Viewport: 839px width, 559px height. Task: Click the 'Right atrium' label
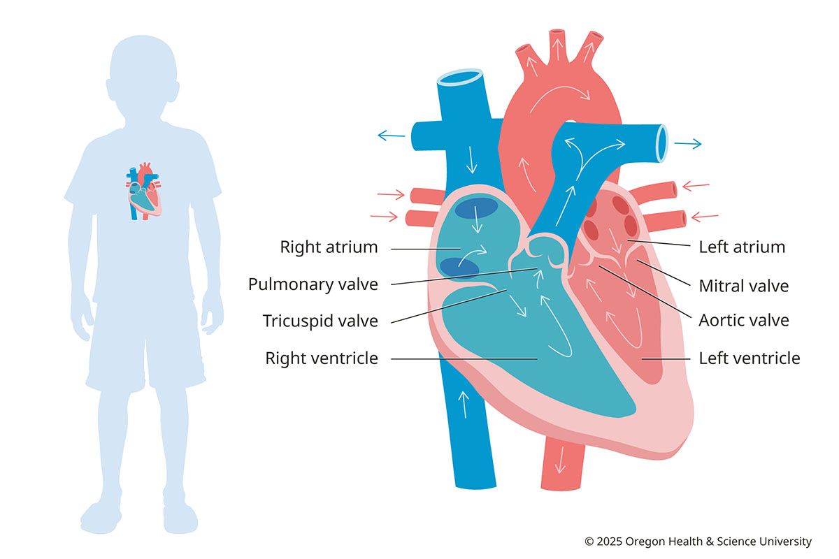click(329, 247)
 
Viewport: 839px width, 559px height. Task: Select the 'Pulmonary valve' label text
click(313, 284)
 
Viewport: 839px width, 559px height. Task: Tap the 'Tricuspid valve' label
click(320, 321)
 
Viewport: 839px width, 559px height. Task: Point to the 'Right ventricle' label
click(321, 358)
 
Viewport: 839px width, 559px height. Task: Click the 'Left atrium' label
click(742, 247)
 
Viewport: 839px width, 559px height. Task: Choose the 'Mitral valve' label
click(743, 286)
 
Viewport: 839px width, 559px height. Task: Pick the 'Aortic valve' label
click(743, 321)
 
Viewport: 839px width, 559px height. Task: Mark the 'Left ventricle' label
click(749, 358)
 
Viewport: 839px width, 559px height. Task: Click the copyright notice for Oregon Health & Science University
click(698, 542)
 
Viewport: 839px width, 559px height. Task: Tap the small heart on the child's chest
click(144, 191)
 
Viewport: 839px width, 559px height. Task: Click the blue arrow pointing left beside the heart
click(391, 134)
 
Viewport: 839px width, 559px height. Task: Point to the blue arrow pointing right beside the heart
click(687, 144)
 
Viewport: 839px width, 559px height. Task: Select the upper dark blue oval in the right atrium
click(477, 208)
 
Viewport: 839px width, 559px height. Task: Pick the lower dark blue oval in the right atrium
click(459, 267)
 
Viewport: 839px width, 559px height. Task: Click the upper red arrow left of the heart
click(391, 194)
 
